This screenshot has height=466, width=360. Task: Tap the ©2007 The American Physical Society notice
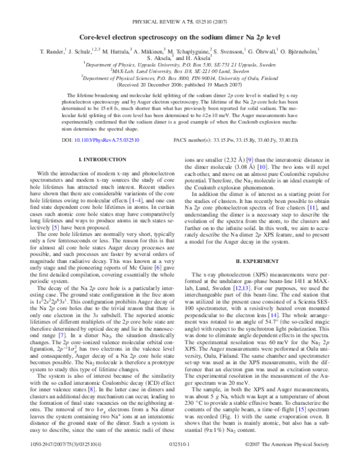293,458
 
